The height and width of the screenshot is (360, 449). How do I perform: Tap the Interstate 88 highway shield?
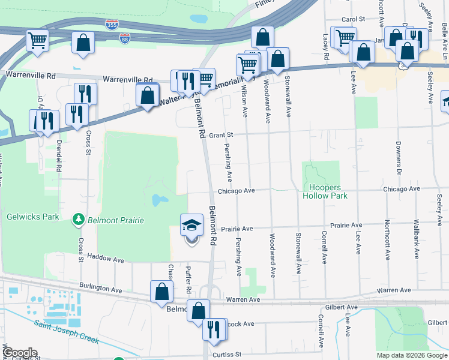pyautogui.click(x=124, y=38)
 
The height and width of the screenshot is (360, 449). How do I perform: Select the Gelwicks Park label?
pyautogui.click(x=33, y=217)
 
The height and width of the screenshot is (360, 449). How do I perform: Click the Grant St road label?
pyautogui.click(x=220, y=136)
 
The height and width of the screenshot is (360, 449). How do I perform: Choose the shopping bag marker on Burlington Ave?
pyautogui.click(x=162, y=292)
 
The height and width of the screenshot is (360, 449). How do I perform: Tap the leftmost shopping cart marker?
pyautogui.click(x=37, y=41)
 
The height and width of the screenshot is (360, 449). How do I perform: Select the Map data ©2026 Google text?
pyautogui.click(x=412, y=355)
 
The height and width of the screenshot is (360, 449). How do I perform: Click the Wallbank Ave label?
pyautogui.click(x=415, y=238)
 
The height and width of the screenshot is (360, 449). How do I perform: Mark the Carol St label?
pyautogui.click(x=353, y=19)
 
